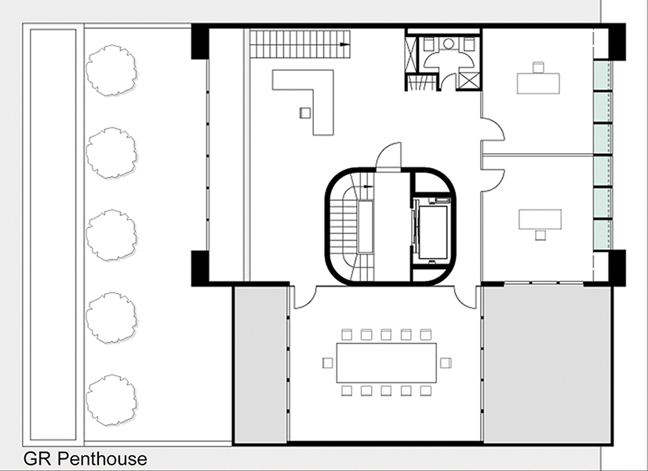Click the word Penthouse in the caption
[102, 459]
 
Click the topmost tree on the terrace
[111, 71]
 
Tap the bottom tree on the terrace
[111, 400]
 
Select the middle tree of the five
[111, 235]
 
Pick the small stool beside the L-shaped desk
[305, 113]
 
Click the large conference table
[387, 363]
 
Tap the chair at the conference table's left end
[327, 363]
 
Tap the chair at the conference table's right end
[446, 363]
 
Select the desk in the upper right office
[538, 83]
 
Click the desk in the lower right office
[541, 219]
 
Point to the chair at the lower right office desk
[541, 235]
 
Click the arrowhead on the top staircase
[344, 44]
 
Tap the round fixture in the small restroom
[448, 44]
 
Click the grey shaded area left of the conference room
[260, 365]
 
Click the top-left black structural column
[200, 42]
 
